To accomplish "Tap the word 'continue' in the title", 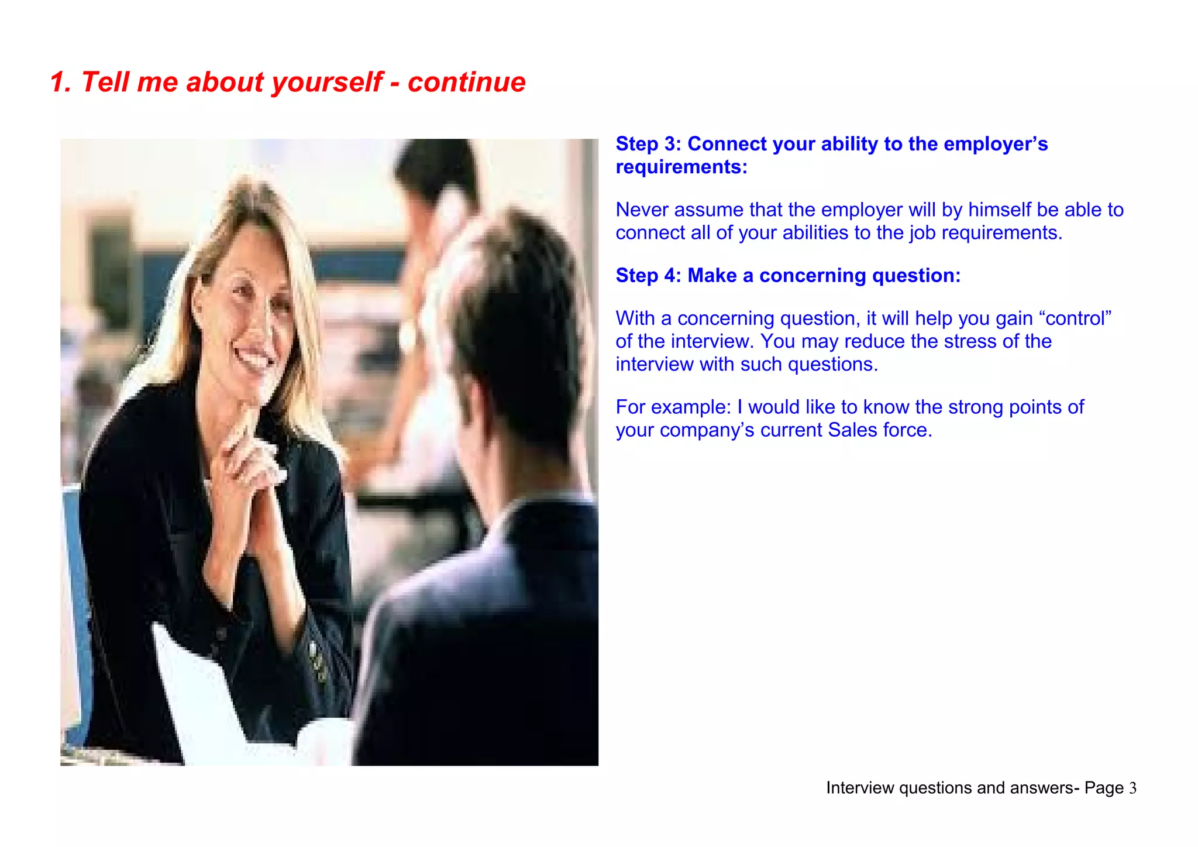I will pos(466,82).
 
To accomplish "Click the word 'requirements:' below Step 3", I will pos(681,167).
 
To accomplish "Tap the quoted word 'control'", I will pos(1075,318).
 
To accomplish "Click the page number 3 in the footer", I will pos(1132,788).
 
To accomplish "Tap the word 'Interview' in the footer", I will pos(860,788).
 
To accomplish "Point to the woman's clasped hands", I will pos(252,462).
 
